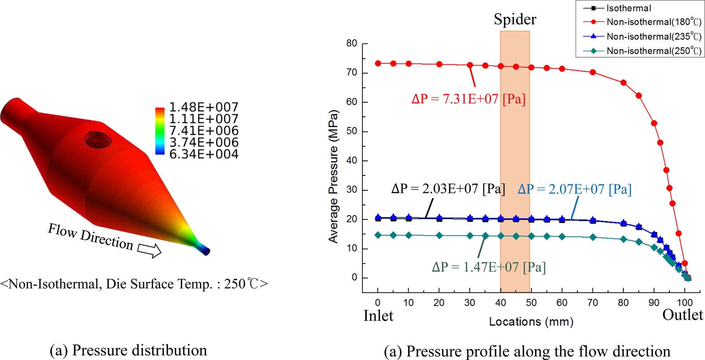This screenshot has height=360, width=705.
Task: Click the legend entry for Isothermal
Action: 628,8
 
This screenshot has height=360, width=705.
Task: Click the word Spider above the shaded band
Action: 515,19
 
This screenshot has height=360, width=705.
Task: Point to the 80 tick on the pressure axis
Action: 352,44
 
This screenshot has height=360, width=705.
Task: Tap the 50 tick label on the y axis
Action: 352,132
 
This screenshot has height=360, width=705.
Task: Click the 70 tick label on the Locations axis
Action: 593,303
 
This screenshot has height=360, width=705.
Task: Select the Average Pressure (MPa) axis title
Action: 334,177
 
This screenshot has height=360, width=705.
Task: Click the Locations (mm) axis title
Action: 531,322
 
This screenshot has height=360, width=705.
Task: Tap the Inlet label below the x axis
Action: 378,316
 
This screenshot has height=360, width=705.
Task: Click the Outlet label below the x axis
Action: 682,315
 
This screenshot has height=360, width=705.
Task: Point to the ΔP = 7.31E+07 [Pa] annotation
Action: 468,99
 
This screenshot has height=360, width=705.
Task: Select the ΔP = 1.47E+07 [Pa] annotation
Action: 489,267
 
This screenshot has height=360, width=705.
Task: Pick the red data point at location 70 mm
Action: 593,72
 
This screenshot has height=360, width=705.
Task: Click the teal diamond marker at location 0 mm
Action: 378,235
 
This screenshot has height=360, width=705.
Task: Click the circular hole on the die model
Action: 98,140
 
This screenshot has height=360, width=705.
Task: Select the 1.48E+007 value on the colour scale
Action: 204,107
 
